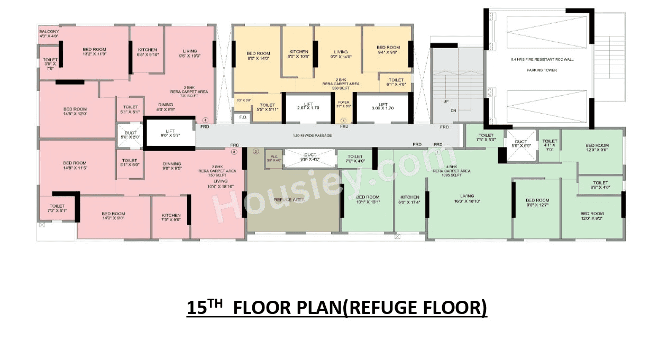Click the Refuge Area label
pos(289,200)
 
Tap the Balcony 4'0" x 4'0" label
pos(49,34)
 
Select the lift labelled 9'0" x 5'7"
pos(170,132)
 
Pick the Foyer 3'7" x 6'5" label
pos(344,104)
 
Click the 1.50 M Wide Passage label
pos(312,136)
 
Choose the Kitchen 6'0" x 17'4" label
pos(410,199)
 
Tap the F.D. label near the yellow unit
pos(243,117)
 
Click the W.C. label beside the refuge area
pos(274,158)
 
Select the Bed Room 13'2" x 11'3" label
pos(94,52)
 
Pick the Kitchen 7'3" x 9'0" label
pos(171,218)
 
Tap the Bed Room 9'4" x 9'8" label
pos(388,50)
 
